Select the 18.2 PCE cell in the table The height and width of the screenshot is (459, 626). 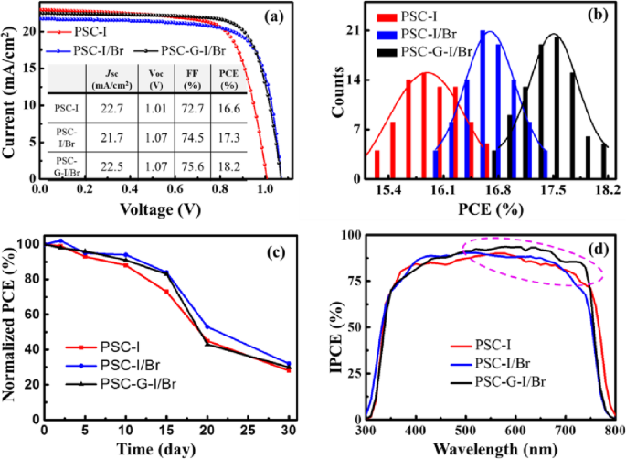pyautogui.click(x=259, y=166)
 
